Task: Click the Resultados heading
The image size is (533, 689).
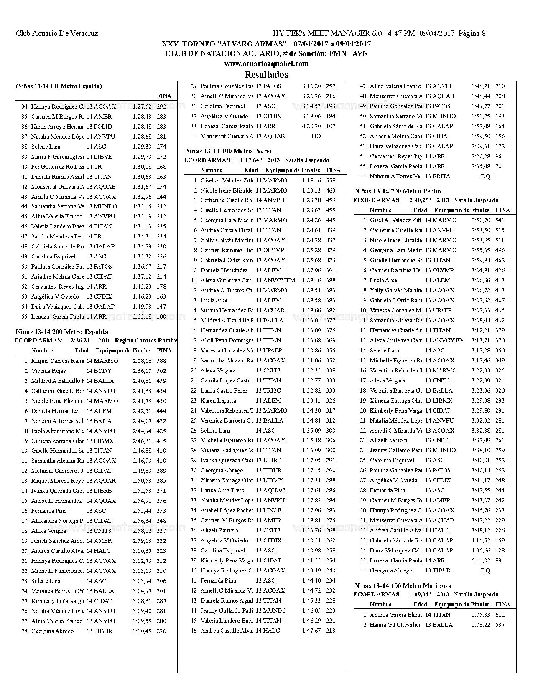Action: tap(266, 75)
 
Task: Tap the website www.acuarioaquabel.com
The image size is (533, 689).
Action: tap(266, 64)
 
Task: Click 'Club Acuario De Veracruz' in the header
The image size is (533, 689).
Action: tap(57, 33)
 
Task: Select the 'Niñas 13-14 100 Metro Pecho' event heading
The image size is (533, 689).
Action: tap(228, 151)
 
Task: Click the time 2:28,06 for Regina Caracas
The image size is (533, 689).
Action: tap(142, 361)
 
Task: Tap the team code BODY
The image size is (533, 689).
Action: tap(102, 371)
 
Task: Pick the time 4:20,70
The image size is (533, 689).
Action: tap(311, 126)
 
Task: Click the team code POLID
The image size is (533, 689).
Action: tap(103, 127)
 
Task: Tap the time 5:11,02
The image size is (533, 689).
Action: tap(481, 560)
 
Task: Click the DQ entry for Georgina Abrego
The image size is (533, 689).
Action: tap(485, 570)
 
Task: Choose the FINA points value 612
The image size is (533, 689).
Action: tap(500, 615)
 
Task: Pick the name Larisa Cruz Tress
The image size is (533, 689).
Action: tap(222, 490)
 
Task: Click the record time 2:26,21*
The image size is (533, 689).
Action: tap(82, 340)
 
